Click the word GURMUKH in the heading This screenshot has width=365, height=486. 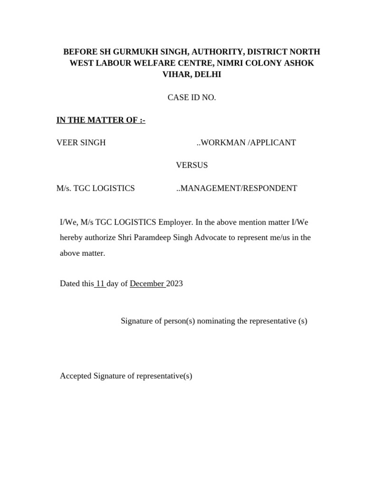click(x=130, y=52)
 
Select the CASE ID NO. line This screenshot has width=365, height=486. click(x=192, y=97)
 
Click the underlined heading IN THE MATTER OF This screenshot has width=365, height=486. click(x=101, y=120)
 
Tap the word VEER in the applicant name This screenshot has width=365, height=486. click(x=67, y=142)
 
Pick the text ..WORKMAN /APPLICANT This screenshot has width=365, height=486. click(x=246, y=142)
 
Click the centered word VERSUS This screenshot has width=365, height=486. click(x=192, y=165)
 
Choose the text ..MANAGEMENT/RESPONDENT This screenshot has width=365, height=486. click(x=236, y=188)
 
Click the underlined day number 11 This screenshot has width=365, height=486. click(x=100, y=284)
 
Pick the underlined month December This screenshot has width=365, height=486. click(x=147, y=284)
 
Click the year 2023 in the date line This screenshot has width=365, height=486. click(x=174, y=284)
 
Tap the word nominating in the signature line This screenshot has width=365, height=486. click(x=216, y=321)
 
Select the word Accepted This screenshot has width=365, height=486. click(x=76, y=376)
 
